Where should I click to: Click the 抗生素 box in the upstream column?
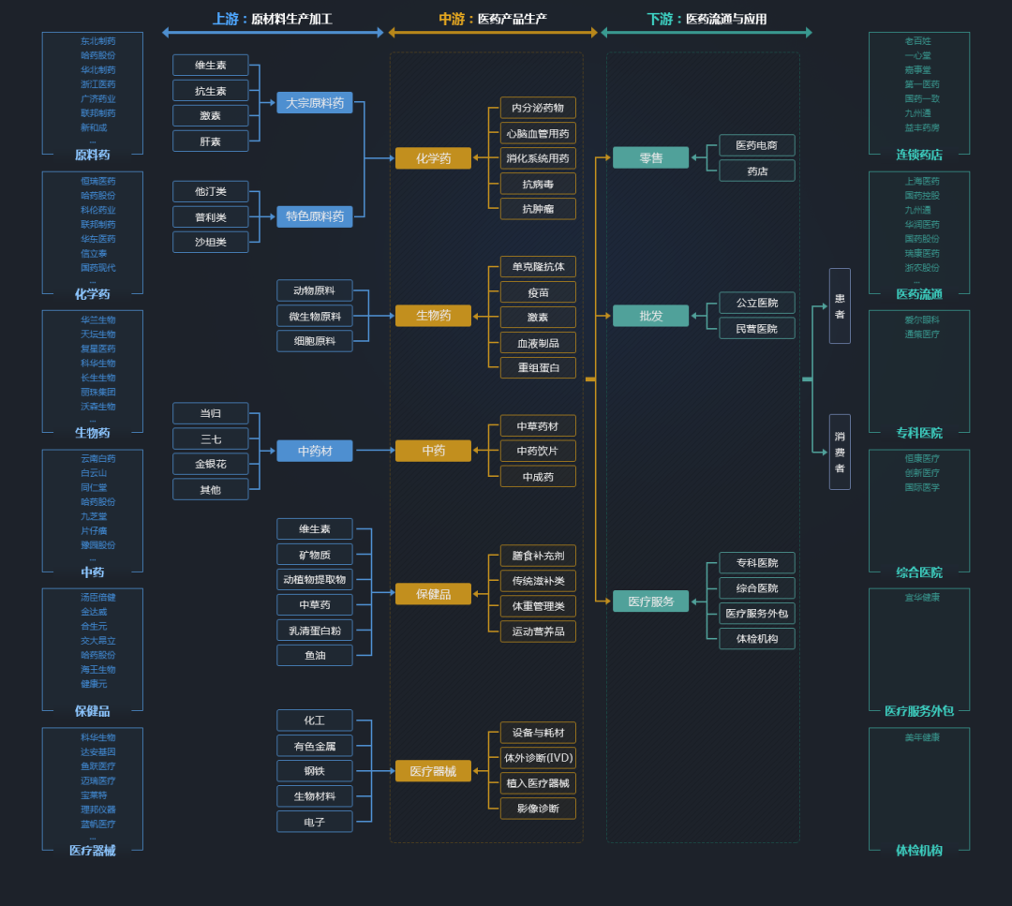(x=210, y=91)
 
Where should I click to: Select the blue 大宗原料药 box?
(x=315, y=103)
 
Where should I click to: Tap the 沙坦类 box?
(x=210, y=242)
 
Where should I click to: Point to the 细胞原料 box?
(x=314, y=341)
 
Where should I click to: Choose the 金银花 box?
(x=210, y=464)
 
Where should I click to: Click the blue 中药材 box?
(x=315, y=451)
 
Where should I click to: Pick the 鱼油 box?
(x=314, y=655)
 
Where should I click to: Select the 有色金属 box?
(x=314, y=745)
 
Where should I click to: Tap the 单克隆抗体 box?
(x=538, y=266)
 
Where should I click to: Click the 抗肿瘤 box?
(x=538, y=209)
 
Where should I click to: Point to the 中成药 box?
(x=538, y=477)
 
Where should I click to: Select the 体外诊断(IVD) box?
(x=538, y=757)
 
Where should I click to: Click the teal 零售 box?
(x=650, y=157)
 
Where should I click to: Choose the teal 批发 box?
(x=650, y=316)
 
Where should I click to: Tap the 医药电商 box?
(x=756, y=145)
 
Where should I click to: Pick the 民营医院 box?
(x=756, y=328)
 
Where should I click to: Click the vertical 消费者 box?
(x=840, y=452)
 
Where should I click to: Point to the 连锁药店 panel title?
(x=918, y=155)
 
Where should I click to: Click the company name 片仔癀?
(x=94, y=530)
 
